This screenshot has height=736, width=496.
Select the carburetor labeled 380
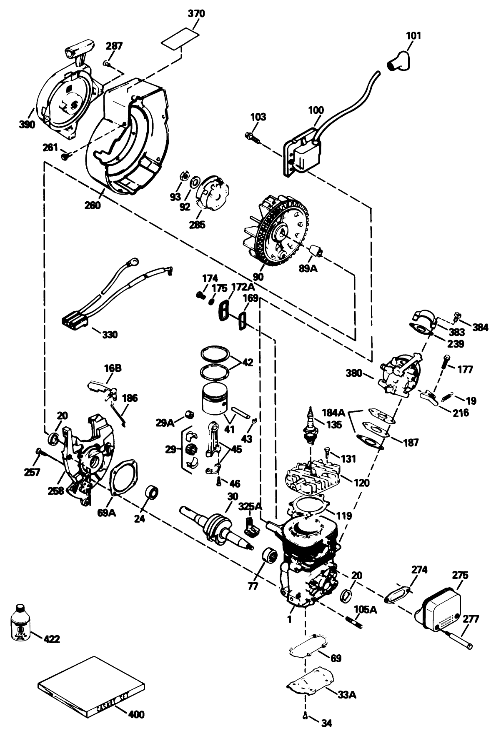click(x=398, y=372)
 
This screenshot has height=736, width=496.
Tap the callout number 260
click(x=93, y=205)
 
